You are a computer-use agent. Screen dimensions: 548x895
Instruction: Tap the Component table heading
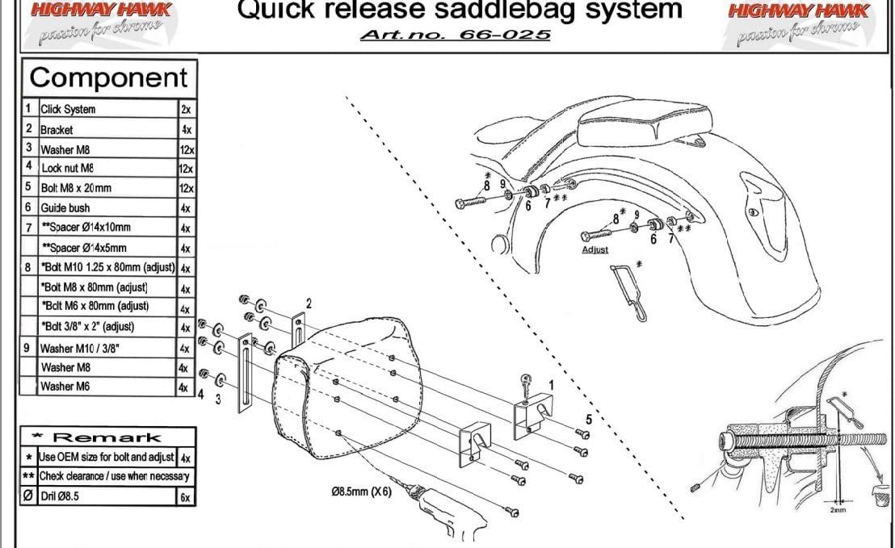[108, 78]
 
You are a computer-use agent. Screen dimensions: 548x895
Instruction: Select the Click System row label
[68, 109]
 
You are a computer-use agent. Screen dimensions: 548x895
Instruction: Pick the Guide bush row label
[65, 208]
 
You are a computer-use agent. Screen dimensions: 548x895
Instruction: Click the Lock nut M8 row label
[68, 169]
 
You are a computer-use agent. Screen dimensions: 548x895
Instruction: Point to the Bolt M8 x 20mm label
[76, 188]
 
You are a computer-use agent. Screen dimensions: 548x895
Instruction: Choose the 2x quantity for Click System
[186, 109]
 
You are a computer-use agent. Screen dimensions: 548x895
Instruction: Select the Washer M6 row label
[65, 387]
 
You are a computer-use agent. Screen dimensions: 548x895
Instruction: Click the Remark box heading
[109, 437]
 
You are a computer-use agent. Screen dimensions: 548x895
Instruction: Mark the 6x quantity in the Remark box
[185, 498]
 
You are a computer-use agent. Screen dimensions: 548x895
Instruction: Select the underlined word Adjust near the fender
[595, 250]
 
